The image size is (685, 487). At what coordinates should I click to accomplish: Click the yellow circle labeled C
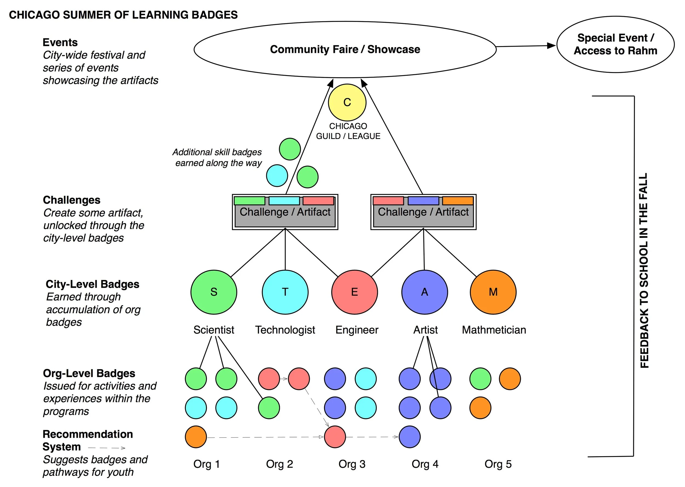click(347, 102)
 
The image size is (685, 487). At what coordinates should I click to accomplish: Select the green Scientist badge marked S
click(213, 292)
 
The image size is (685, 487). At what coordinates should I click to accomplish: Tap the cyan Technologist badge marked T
click(285, 292)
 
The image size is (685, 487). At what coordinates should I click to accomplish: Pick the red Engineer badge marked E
click(354, 292)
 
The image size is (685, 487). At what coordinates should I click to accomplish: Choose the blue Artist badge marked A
click(424, 292)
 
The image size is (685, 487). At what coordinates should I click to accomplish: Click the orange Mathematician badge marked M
click(493, 292)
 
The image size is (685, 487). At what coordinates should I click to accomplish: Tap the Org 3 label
click(352, 464)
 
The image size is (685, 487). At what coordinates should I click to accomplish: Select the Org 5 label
click(498, 464)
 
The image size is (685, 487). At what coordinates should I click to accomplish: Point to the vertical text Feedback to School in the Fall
click(644, 270)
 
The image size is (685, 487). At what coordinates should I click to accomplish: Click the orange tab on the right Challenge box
click(458, 201)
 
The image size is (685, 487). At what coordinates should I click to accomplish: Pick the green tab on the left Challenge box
click(249, 201)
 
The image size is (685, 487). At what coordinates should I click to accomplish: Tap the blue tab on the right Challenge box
click(423, 201)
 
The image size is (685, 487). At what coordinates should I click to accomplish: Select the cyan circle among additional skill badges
click(277, 175)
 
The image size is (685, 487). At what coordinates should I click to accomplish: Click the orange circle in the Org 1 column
click(196, 437)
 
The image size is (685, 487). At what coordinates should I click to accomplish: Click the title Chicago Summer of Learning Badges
click(123, 15)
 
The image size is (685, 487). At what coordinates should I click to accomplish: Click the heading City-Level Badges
click(92, 284)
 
